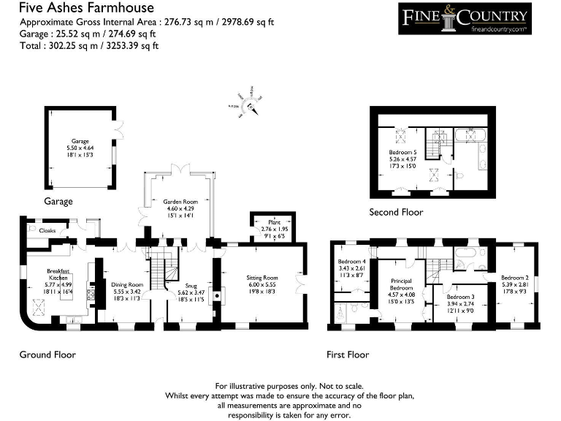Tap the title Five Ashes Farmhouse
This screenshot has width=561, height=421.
86,8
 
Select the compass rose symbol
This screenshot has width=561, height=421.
250,105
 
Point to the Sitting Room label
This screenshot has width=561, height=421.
262,278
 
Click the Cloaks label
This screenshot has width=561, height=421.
47,230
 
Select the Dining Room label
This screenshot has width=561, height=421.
127,284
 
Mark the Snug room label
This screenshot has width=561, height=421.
191,285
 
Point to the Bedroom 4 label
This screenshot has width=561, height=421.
352,261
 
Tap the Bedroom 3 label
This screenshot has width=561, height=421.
460,297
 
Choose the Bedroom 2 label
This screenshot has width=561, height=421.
515,277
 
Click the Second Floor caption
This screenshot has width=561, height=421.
397,213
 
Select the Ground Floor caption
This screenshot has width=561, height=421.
47,354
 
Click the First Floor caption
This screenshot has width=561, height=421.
348,354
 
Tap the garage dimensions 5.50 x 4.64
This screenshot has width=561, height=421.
80,148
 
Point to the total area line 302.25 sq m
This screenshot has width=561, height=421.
88,45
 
